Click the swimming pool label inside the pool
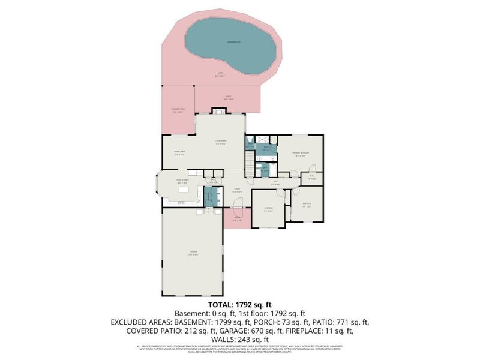coord(230,41)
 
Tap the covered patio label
coord(178,110)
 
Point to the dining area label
coord(179,154)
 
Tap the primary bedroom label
coord(300,154)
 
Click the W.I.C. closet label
coord(312,178)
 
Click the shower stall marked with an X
coord(250,144)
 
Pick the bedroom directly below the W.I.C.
coord(307,205)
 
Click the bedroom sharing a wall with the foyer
coord(268,209)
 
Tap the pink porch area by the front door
coord(236,220)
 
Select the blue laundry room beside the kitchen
coord(209,196)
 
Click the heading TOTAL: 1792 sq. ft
coord(239,304)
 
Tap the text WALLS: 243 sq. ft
coord(239,339)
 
